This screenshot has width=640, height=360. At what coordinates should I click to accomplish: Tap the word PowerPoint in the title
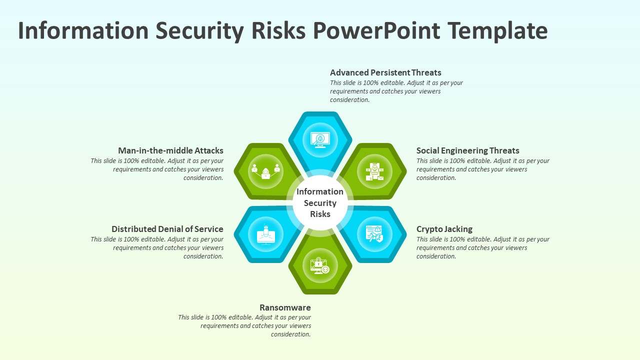pos(376,30)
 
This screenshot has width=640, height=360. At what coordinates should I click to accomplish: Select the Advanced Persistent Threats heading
pos(385,72)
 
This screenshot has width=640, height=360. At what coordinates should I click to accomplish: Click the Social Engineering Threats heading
pos(467,151)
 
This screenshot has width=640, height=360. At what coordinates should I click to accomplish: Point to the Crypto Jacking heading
pos(444,229)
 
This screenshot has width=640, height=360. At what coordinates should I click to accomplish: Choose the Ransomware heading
pos(285,307)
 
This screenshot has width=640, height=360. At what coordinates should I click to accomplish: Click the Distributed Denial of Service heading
pos(167,229)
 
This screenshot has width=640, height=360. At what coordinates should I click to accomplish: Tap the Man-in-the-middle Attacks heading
pos(170,150)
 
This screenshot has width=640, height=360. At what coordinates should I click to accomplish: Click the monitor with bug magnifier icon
pos(320,140)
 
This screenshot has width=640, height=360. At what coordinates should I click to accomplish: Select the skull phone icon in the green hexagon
pos(374,171)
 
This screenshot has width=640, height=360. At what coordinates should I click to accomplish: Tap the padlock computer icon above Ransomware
pos(320,265)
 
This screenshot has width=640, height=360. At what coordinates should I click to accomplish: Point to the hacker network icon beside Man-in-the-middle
pos(265,171)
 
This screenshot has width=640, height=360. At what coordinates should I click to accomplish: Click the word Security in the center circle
pos(320,203)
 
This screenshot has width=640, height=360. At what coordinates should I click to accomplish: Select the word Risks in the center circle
pos(320,214)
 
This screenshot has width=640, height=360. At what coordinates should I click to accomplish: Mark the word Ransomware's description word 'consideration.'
pos(291,334)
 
